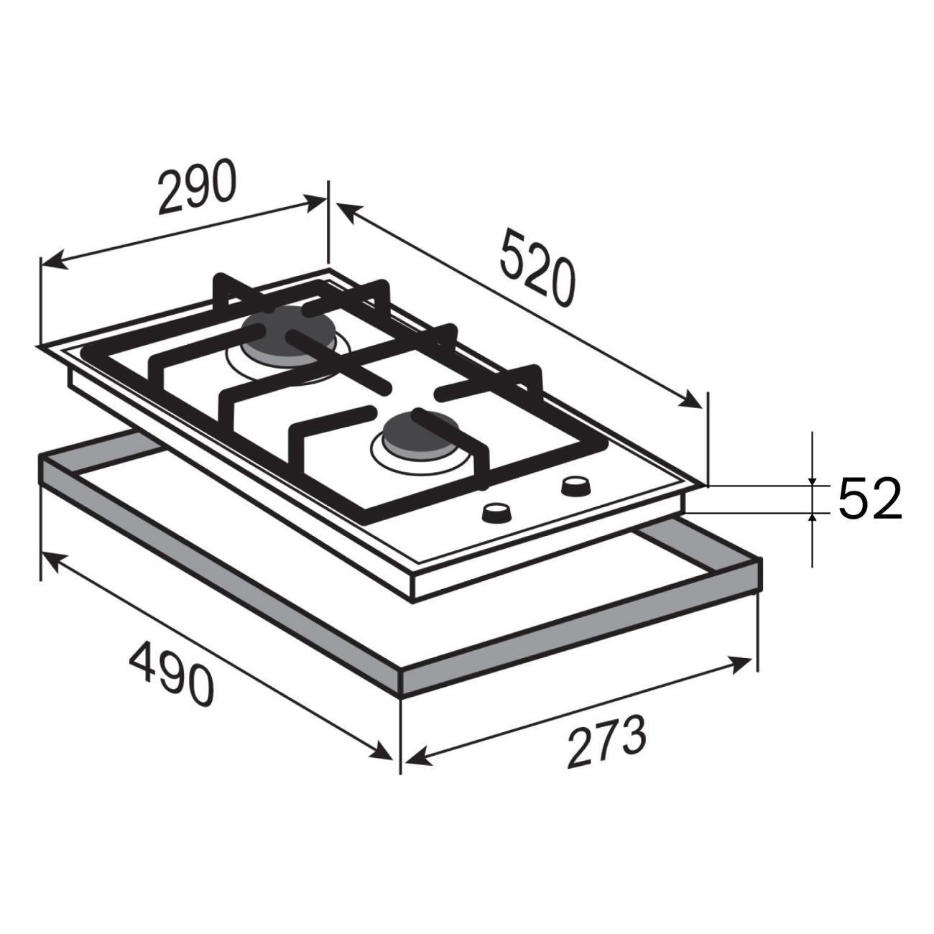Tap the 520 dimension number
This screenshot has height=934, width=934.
[x=537, y=269]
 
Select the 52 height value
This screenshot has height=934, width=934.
[x=869, y=499]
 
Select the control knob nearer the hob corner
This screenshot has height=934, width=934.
[x=575, y=487]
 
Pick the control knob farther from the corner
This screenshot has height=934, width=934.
[x=496, y=513]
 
